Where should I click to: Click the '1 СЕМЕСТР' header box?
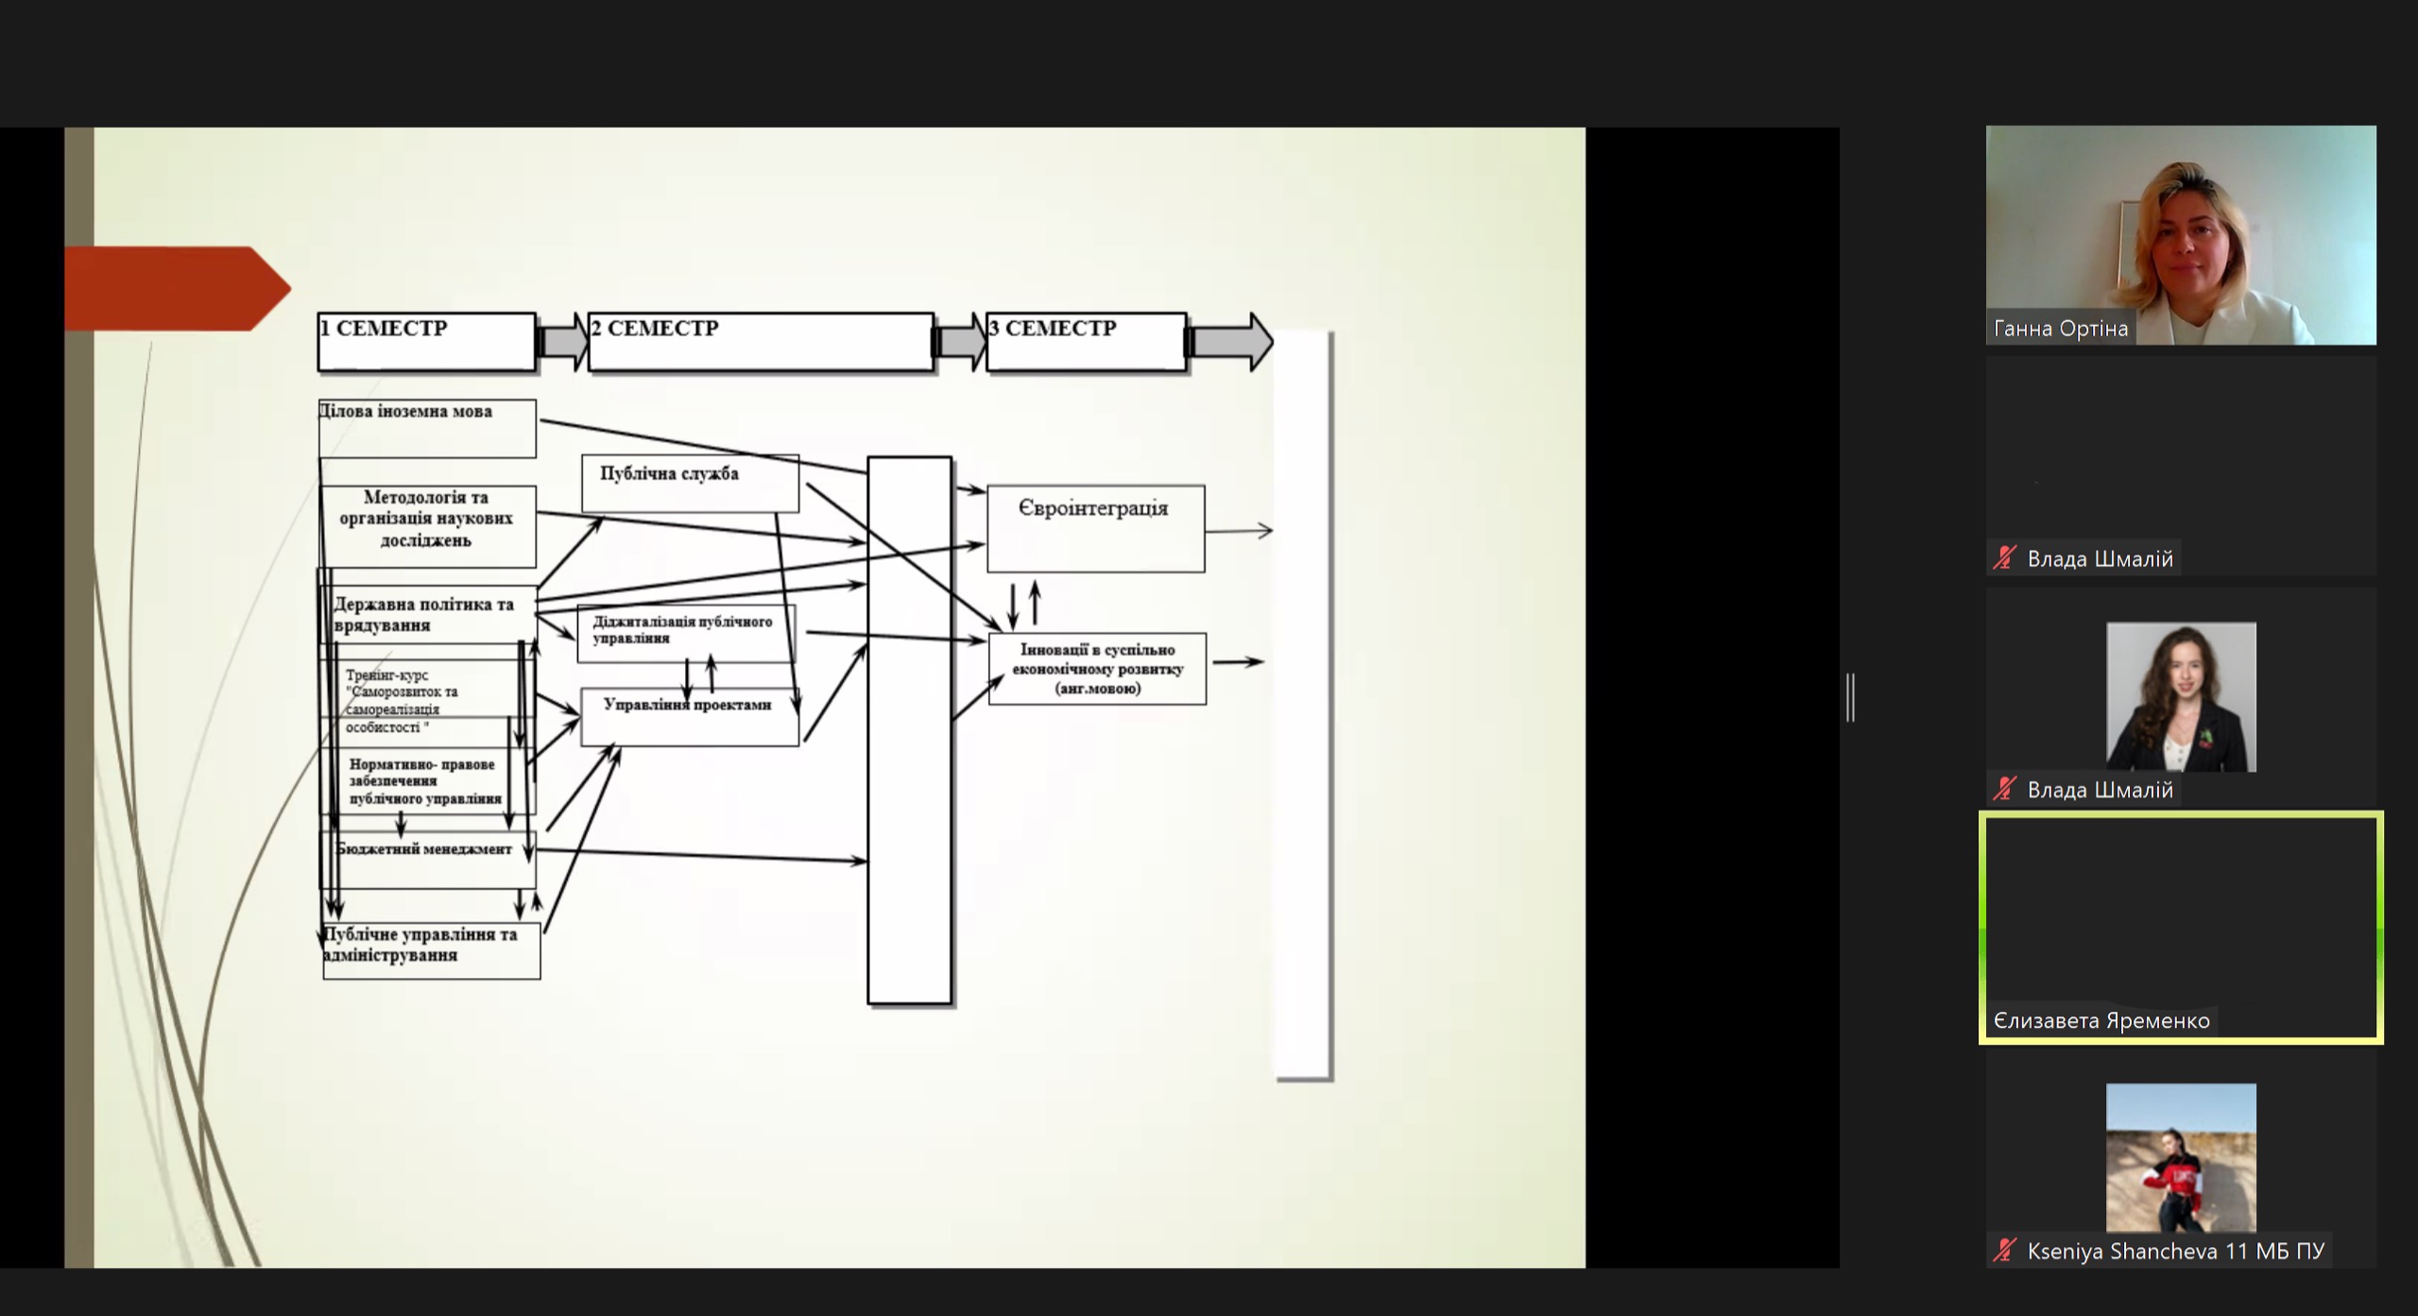(x=426, y=341)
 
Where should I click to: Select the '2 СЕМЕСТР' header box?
(x=761, y=341)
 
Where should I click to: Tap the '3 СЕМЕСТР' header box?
(x=1086, y=341)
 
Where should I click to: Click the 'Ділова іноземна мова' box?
(x=427, y=428)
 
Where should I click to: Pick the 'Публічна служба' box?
(x=690, y=483)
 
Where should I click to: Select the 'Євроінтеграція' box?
(x=1095, y=527)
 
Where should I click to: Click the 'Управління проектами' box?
(x=689, y=716)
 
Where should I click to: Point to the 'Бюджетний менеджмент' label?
(x=424, y=849)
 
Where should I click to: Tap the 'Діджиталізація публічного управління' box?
(x=685, y=631)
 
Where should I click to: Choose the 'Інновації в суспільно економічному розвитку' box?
(x=1097, y=669)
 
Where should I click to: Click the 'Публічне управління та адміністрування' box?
(x=431, y=949)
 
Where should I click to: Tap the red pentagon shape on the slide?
(x=176, y=288)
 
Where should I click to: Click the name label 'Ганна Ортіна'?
(x=2060, y=329)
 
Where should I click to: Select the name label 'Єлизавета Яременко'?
(x=2101, y=1021)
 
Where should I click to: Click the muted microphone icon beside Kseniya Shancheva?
(x=2003, y=1251)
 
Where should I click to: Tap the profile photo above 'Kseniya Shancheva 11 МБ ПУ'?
(x=2180, y=1157)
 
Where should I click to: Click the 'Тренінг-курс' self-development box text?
(x=403, y=701)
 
